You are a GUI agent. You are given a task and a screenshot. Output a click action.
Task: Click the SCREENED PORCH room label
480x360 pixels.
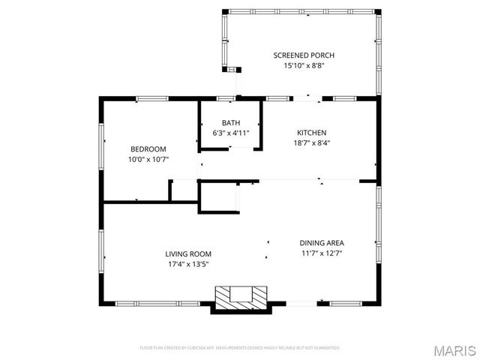[304, 55]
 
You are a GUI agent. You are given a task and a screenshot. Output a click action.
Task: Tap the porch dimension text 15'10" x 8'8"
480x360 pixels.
[304, 66]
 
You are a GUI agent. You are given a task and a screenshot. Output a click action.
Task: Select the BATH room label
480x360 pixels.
[230, 123]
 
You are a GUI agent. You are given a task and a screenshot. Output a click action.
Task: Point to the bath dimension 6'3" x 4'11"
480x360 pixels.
[230, 133]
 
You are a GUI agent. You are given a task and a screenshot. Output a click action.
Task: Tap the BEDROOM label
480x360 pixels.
[148, 148]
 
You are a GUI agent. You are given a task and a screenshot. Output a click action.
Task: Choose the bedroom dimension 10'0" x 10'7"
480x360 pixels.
[148, 159]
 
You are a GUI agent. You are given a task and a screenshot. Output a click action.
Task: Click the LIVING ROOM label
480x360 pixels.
[188, 253]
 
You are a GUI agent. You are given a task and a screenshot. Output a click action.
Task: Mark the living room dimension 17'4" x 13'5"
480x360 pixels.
[188, 264]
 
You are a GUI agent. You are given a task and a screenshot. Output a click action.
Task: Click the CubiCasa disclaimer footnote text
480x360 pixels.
[240, 348]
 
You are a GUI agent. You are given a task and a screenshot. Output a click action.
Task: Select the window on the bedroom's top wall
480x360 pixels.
[151, 97]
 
